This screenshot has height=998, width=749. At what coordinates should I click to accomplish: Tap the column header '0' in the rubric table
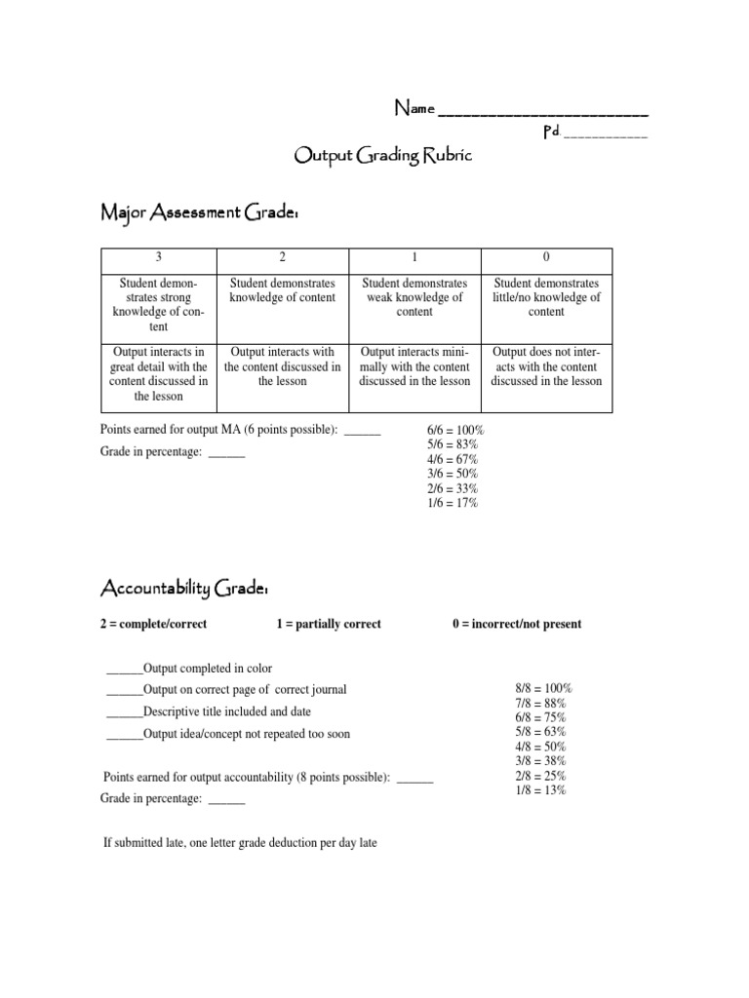click(546, 257)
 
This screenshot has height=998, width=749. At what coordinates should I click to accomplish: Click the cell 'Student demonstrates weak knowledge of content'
click(414, 297)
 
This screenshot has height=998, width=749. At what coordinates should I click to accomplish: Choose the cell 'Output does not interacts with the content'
click(546, 366)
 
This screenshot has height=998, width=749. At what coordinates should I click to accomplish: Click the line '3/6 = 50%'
click(453, 474)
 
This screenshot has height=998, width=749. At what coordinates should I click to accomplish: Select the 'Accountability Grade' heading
click(184, 588)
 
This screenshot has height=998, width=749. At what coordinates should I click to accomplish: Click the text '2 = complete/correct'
click(154, 624)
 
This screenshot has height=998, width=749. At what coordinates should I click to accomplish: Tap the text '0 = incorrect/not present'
click(517, 624)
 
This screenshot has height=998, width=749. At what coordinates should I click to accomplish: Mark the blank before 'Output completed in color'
click(124, 670)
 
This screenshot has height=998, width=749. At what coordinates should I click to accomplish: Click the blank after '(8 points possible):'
click(416, 779)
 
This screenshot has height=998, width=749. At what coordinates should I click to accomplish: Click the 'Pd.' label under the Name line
click(551, 132)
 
